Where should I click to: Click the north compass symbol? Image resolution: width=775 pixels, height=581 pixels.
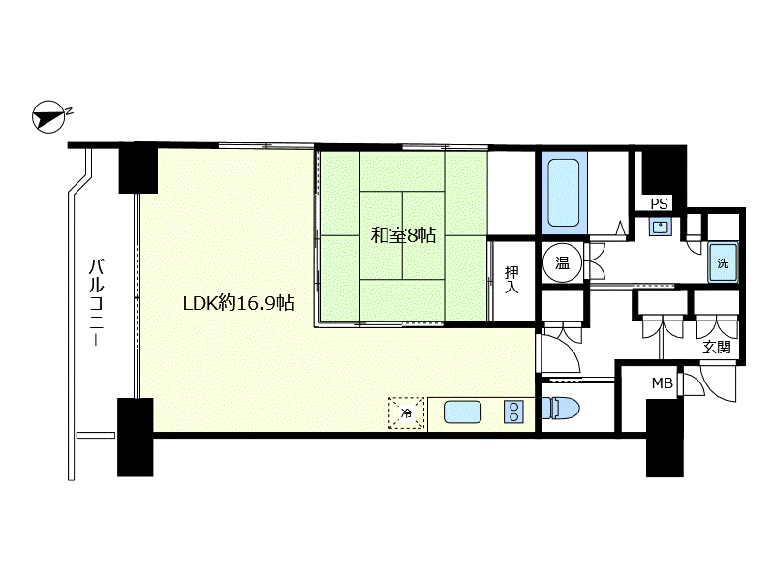49,117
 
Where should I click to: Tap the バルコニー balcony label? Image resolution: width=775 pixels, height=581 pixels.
96,301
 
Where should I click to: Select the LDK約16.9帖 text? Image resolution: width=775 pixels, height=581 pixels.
238,303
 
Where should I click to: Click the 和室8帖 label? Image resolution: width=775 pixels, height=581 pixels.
403,235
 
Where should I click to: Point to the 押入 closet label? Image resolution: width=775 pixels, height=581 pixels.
511,280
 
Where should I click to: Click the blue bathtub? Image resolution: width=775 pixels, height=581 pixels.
564,193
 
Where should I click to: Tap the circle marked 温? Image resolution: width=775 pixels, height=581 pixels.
563,262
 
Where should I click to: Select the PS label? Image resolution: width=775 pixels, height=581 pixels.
660,203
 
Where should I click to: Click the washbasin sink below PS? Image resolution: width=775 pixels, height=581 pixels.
661,227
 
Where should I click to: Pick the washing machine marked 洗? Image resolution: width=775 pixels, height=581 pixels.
723,262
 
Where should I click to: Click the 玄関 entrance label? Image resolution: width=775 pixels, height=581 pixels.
717,348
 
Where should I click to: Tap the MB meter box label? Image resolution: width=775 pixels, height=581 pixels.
663,382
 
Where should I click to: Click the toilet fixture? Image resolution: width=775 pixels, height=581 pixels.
561,409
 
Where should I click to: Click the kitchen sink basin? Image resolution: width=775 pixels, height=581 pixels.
463,413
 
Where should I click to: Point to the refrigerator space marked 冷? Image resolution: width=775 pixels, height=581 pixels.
406,413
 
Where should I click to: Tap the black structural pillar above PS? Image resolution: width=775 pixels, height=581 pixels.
664,169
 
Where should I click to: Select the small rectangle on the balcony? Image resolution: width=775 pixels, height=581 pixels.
96,435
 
